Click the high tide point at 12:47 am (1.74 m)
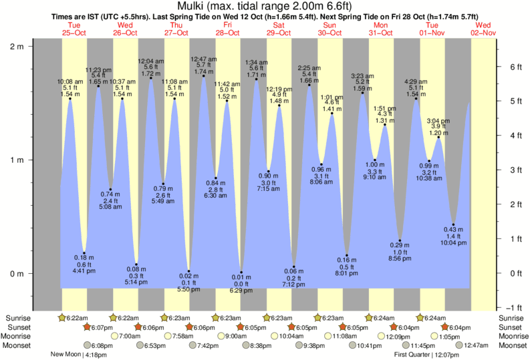[204, 75]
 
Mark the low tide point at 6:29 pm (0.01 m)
[241, 273]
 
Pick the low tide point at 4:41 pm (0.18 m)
[84, 253]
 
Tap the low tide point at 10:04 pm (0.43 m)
[454, 224]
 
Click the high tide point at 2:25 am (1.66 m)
[309, 85]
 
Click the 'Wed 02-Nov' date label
[483, 28]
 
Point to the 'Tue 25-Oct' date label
[74, 28]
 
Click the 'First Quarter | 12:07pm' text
[424, 355]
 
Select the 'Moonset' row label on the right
[511, 345]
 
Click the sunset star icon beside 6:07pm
[86, 327]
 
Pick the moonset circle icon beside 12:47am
[460, 345]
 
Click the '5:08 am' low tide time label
[111, 206]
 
